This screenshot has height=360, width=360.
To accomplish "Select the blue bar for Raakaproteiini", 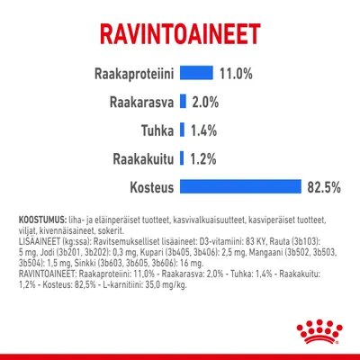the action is (x=197, y=73).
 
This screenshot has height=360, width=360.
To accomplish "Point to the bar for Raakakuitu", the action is (x=183, y=158).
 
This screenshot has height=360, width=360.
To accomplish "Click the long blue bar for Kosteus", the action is (x=239, y=187).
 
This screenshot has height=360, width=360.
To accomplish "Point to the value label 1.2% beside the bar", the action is (x=203, y=158).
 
